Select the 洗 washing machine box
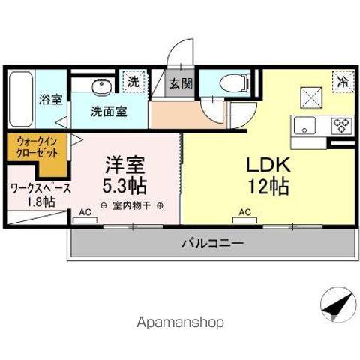133,82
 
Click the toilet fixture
235,82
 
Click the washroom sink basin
102,87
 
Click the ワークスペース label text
40,187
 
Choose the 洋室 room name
124,163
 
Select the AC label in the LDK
244,213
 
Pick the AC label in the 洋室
85,213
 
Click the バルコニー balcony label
212,243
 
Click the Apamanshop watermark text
180,322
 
